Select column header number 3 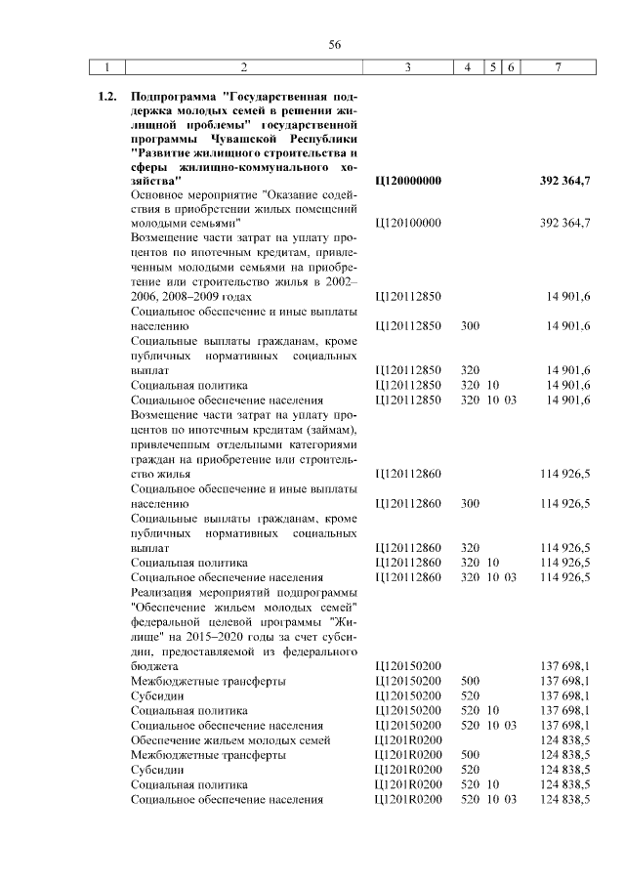tap(407, 67)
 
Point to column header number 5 tap(493, 67)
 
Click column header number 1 tap(107, 67)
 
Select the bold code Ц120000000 tap(408, 182)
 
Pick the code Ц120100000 tap(408, 223)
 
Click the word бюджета tap(156, 665)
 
